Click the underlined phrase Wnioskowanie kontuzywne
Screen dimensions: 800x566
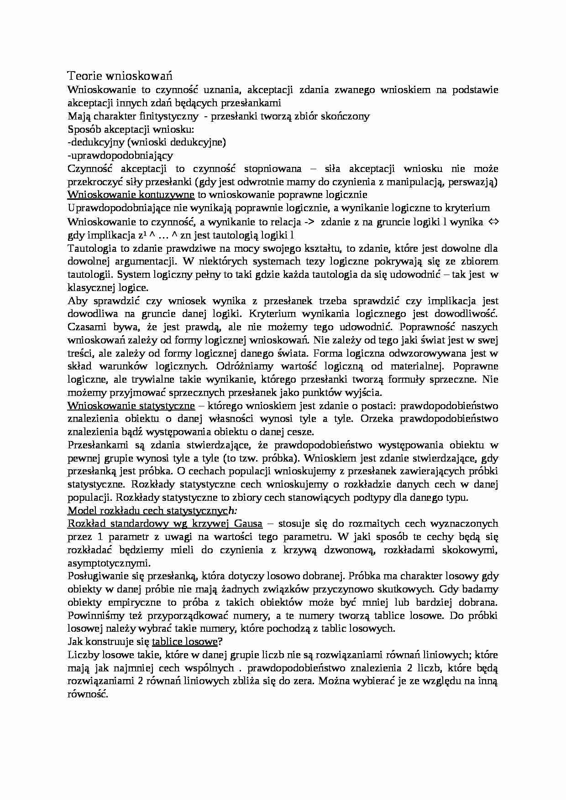[131, 195]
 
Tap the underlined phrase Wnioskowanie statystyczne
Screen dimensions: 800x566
[131, 405]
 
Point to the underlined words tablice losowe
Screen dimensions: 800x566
[184, 641]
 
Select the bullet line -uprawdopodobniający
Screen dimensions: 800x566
[120, 155]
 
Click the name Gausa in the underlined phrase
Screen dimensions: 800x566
[248, 523]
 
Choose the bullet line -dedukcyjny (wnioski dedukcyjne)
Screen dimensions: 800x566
[147, 142]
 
